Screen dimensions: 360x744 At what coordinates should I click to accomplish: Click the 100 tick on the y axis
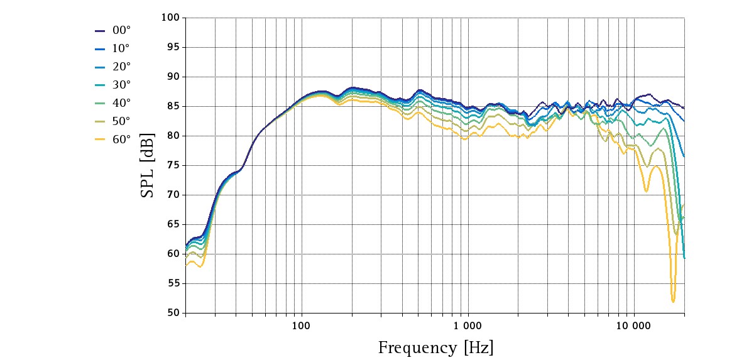click(171, 18)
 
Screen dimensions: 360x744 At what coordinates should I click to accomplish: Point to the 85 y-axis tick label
click(173, 106)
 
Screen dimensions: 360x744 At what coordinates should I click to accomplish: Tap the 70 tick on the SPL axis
click(173, 195)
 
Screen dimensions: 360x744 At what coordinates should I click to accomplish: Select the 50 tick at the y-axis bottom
click(173, 313)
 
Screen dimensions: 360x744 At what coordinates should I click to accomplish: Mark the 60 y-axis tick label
click(173, 254)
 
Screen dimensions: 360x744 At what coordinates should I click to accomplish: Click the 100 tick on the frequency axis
click(301, 325)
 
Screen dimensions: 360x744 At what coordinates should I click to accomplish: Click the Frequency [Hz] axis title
click(435, 347)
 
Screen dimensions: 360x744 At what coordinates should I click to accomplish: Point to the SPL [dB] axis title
click(147, 165)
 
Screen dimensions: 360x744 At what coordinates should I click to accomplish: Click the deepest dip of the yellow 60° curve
click(673, 302)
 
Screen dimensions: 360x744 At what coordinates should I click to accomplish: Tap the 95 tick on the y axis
click(173, 47)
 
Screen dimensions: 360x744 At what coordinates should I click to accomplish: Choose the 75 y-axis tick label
click(173, 165)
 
